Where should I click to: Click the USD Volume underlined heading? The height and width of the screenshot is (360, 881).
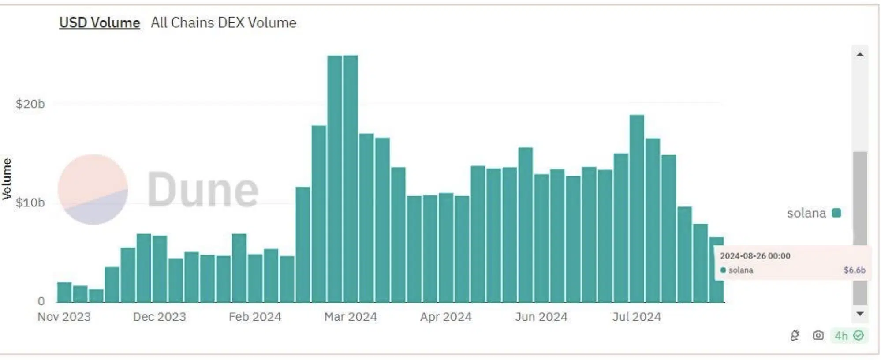(x=100, y=22)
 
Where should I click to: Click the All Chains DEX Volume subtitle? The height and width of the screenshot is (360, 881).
(x=224, y=22)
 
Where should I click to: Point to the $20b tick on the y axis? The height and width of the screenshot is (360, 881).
(x=30, y=104)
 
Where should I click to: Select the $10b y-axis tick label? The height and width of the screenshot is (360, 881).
(x=30, y=202)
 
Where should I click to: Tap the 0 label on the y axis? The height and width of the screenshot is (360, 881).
(x=41, y=301)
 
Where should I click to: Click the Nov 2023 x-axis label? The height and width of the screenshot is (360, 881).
(x=64, y=317)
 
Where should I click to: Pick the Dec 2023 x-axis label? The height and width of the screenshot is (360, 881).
(x=160, y=317)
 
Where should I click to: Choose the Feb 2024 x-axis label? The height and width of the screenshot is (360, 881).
(x=255, y=317)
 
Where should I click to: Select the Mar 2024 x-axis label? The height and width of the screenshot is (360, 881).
(x=351, y=317)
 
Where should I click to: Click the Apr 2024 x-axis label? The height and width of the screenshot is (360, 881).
(x=446, y=317)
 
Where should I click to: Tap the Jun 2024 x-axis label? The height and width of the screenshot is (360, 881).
(x=541, y=317)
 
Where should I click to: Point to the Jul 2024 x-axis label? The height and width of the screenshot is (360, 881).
(x=637, y=317)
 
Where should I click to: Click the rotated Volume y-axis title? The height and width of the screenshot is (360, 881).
(x=7, y=179)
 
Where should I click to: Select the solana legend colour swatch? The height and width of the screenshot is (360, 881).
(x=836, y=213)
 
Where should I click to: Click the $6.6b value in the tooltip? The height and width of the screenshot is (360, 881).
(x=855, y=270)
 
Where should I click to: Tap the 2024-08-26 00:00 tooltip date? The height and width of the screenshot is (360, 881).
(x=755, y=256)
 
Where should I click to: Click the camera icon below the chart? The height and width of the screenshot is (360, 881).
(x=818, y=336)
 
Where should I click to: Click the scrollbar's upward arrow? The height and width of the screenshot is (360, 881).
(x=860, y=54)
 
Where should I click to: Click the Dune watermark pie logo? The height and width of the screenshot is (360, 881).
(x=93, y=189)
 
